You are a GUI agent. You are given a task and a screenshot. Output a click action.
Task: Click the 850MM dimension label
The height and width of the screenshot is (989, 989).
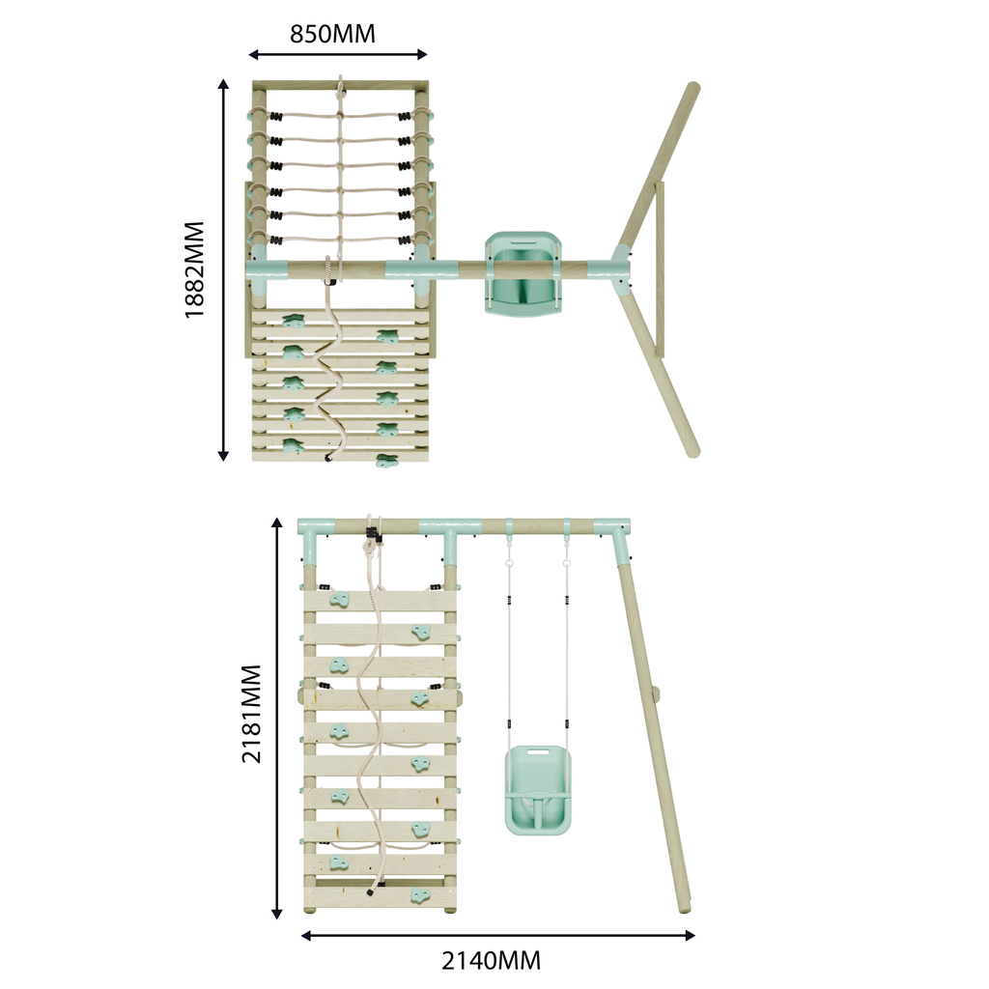[x=332, y=34]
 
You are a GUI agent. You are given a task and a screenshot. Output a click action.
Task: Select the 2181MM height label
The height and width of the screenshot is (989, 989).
[x=251, y=714]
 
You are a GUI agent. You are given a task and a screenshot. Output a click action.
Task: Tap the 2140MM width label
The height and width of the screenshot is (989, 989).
[x=491, y=961]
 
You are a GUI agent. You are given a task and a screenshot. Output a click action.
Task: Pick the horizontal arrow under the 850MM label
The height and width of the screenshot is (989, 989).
[x=337, y=55]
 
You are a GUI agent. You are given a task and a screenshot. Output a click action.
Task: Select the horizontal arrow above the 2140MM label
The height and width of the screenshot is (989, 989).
[x=497, y=935]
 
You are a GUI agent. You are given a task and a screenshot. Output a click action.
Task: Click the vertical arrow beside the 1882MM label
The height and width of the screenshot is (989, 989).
[x=224, y=270]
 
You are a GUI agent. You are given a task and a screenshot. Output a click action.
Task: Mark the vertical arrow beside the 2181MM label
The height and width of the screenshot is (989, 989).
[x=277, y=719]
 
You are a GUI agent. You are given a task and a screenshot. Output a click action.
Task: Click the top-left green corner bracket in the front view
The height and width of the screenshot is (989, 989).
[x=314, y=536]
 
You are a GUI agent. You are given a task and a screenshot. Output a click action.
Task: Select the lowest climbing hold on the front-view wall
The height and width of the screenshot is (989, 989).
[x=418, y=894]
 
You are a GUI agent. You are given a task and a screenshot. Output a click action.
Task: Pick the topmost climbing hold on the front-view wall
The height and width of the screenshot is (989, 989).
[x=340, y=602]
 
